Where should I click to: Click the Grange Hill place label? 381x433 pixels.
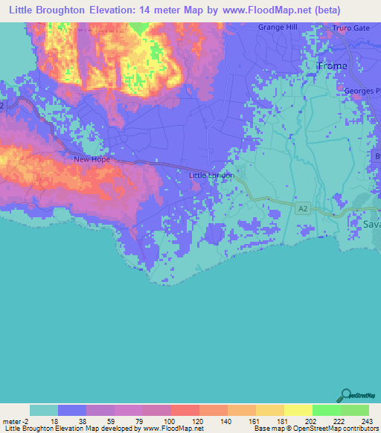click(278, 27)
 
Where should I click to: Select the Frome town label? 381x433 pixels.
click(332, 66)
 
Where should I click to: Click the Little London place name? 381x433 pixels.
click(212, 176)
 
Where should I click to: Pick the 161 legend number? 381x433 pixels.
click(255, 421)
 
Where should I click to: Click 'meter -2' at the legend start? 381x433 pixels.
click(17, 421)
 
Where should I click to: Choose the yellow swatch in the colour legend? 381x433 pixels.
click(298, 410)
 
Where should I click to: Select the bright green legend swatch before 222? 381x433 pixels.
click(326, 410)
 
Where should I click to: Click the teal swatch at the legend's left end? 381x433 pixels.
click(44, 410)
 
